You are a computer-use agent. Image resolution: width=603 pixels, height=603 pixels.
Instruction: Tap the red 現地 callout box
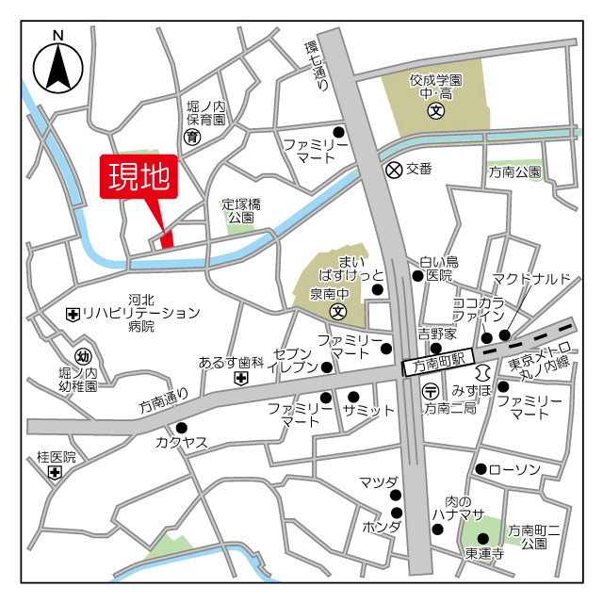pyautogui.click(x=139, y=177)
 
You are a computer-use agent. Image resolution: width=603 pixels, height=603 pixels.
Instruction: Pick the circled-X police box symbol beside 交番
pyautogui.click(x=393, y=170)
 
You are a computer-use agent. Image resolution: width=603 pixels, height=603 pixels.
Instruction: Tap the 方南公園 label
pyautogui.click(x=514, y=172)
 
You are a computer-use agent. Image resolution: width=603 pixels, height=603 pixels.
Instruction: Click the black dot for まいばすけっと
pyautogui.click(x=378, y=289)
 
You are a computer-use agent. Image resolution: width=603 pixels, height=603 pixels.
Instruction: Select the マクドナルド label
pyautogui.click(x=538, y=278)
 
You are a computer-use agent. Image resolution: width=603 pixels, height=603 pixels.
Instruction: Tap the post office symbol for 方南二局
pyautogui.click(x=431, y=391)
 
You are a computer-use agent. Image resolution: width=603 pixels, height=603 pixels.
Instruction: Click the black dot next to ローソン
pyautogui.click(x=481, y=469)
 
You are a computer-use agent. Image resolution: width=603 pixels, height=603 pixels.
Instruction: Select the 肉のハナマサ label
pyautogui.click(x=457, y=509)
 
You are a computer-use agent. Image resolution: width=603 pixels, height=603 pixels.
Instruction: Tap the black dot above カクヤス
pyautogui.click(x=181, y=427)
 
